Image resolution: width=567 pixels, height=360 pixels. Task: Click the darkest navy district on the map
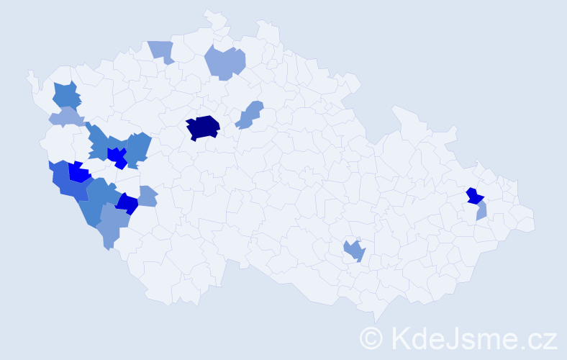click(x=202, y=127)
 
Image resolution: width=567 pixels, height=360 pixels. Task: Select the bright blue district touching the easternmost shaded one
click(x=475, y=196)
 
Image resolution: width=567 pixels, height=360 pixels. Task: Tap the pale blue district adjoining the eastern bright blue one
click(x=481, y=210)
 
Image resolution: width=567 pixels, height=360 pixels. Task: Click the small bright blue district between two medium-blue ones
click(x=116, y=156)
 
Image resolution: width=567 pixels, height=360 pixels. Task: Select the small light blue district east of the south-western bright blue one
click(x=147, y=196)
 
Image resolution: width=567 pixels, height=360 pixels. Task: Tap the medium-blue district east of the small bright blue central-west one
click(x=137, y=149)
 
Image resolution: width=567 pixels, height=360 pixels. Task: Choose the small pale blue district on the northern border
click(x=163, y=50)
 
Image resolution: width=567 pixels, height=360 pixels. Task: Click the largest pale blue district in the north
click(x=225, y=63)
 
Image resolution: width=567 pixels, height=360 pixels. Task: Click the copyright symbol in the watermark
click(x=371, y=337)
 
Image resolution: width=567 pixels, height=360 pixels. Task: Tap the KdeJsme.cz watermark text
click(x=472, y=337)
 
